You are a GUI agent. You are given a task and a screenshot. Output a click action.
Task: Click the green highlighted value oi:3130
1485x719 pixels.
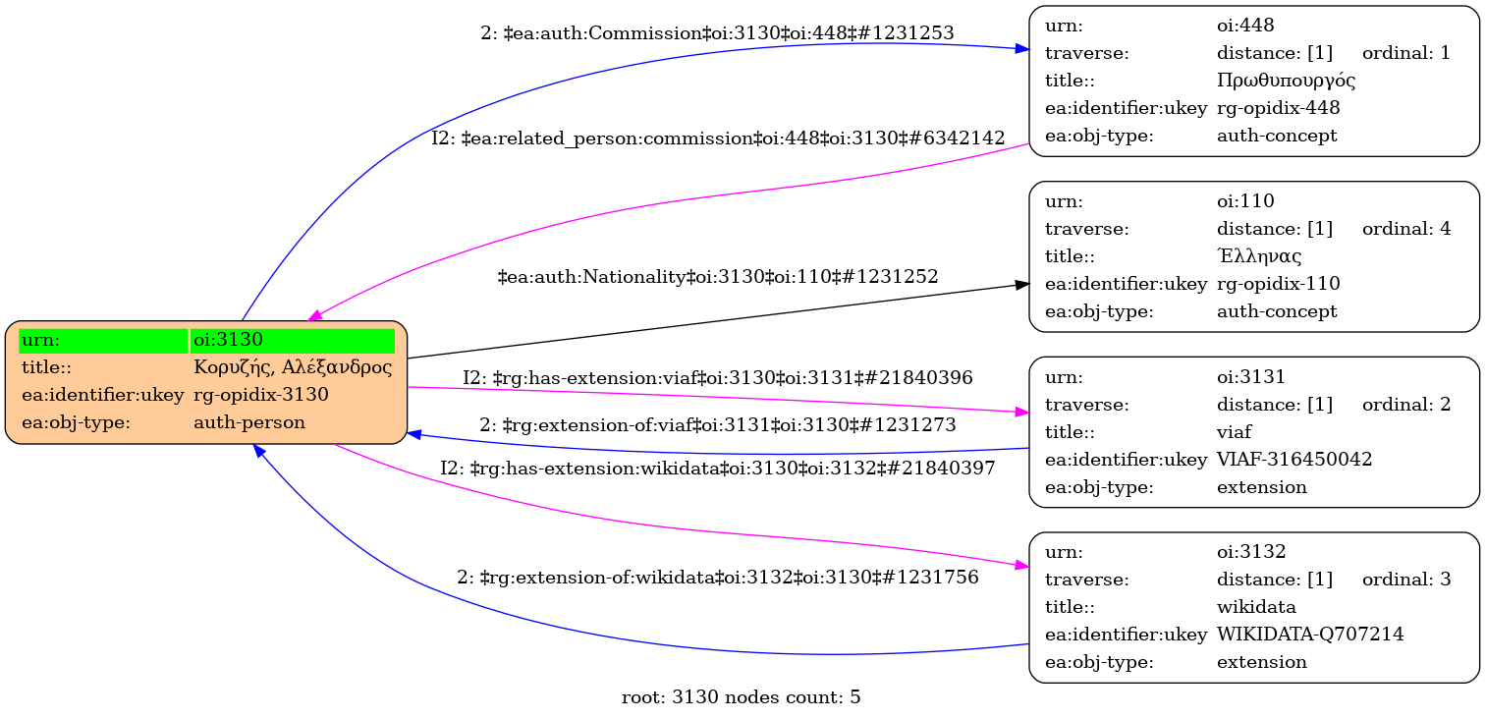coord(229,340)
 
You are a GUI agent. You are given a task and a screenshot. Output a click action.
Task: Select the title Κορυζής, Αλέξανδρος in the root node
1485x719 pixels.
coord(293,367)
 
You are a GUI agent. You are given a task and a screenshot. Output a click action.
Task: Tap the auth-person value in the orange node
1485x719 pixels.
coord(249,422)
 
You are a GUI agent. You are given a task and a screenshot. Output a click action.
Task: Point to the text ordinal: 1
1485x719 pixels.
coord(1405,52)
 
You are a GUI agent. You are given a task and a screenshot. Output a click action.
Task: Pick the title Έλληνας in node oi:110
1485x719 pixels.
coord(1259,255)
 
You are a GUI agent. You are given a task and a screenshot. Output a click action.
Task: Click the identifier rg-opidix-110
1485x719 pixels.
coord(1278,283)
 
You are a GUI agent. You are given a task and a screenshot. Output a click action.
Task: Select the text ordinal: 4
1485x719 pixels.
coord(1405,228)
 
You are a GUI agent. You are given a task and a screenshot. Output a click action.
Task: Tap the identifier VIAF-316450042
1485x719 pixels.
coord(1293,459)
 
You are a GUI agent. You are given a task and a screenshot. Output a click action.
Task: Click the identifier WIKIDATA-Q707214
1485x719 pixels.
coord(1309,634)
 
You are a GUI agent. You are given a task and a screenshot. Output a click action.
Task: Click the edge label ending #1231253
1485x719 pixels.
coord(717,32)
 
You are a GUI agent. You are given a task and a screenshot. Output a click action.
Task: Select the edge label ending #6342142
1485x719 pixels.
coord(717,138)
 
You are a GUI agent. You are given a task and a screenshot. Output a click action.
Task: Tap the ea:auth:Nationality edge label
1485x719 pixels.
coord(718,277)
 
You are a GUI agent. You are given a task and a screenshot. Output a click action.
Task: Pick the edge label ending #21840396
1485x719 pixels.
coord(718,377)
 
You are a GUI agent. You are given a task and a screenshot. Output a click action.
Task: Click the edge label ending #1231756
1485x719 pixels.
coord(717,577)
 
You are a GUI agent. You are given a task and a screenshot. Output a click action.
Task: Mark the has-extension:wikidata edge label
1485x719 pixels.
coord(717,469)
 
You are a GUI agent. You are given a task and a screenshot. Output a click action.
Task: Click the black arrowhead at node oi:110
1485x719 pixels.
coord(1022,284)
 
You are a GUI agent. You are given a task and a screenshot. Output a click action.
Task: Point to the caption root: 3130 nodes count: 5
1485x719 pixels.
coord(742,697)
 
